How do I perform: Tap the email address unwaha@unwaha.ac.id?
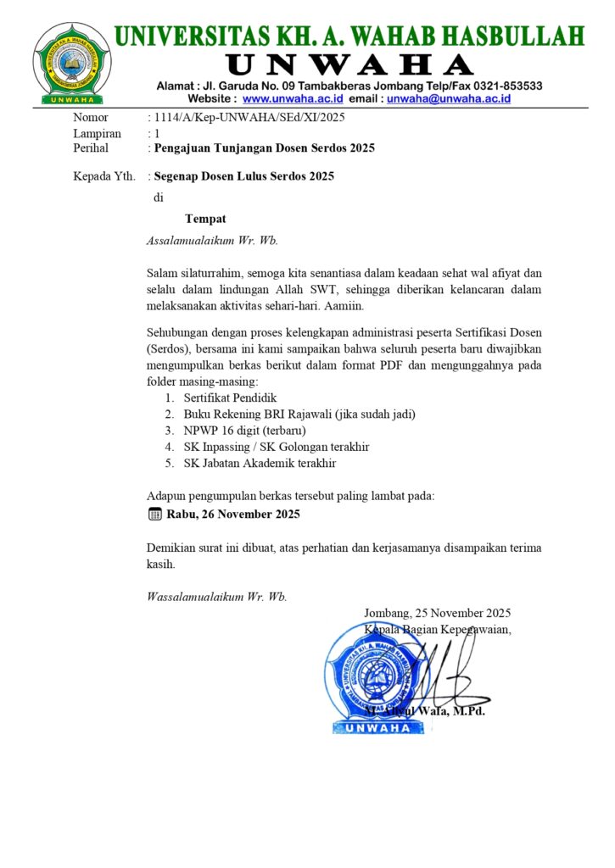pos(449,98)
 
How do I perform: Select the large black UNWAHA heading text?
pos(349,64)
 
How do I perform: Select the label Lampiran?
pos(98,133)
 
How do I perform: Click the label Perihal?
pos(92,148)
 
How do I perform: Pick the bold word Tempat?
pos(205,219)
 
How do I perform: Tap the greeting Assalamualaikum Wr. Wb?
pos(213,240)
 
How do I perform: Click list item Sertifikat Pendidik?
pos(230,398)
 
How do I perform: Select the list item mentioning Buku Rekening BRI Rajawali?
pos(299,414)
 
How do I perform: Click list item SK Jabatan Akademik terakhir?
pos(260,463)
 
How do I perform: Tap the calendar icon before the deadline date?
pos(154,514)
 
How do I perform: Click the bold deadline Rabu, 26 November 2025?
pos(233,514)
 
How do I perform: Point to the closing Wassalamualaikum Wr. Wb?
pos(217,597)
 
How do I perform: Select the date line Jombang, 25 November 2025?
pos(437,613)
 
